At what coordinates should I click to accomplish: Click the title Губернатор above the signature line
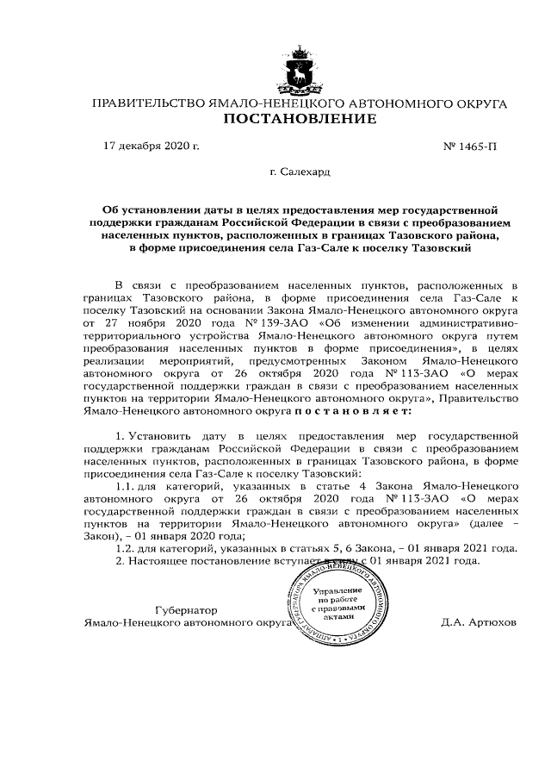(186, 608)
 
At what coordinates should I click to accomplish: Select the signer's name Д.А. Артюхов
(478, 621)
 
